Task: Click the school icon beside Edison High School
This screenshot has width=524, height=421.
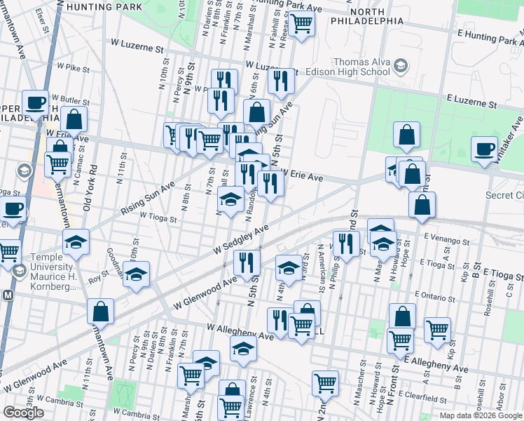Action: point(401,67)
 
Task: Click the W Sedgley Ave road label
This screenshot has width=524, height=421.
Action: point(241,240)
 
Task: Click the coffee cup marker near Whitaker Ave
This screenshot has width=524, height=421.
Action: point(484,149)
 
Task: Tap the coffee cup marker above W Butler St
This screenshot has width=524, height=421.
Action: point(35,103)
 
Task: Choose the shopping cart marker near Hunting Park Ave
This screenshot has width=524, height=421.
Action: point(302,22)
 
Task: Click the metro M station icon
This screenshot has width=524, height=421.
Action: point(8,295)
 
